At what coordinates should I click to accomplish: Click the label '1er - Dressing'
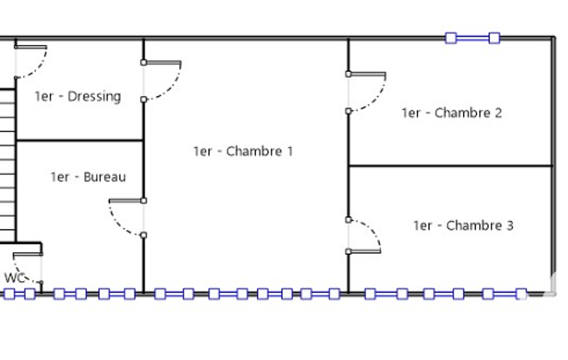tap(78, 96)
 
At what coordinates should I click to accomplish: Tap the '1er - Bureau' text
tap(88, 177)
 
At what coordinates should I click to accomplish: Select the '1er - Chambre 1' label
tap(243, 151)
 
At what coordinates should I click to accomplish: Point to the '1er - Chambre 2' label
tap(452, 113)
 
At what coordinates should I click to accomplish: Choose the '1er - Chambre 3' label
tap(463, 225)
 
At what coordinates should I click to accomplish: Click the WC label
tap(15, 278)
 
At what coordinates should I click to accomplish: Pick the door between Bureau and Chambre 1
tap(126, 217)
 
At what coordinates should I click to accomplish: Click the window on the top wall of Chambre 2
tap(473, 38)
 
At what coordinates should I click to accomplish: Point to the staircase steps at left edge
tap(7, 166)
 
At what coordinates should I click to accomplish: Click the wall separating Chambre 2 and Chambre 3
tap(450, 166)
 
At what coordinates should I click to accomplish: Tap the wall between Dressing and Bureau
tap(80, 141)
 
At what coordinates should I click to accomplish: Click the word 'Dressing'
tap(94, 96)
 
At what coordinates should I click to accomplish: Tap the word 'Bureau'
tap(105, 177)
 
